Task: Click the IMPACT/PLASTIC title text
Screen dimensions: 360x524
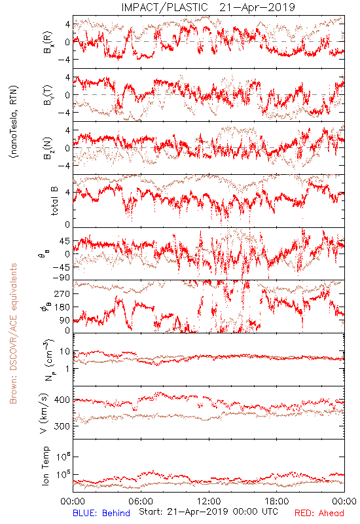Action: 164,7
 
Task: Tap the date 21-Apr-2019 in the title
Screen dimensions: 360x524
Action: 257,7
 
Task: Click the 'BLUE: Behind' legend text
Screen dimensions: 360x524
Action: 101,513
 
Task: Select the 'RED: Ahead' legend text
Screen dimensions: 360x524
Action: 319,513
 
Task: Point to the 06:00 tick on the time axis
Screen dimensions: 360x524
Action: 141,501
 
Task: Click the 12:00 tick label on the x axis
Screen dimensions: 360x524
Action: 209,501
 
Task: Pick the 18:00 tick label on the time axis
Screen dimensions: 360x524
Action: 277,501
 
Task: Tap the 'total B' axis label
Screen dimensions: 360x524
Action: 54,201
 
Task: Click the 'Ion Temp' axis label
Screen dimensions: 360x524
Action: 46,466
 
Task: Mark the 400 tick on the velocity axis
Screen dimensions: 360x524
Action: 62,400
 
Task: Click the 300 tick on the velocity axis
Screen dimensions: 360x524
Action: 62,426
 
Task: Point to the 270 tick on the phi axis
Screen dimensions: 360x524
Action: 62,293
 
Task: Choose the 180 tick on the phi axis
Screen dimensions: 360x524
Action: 62,307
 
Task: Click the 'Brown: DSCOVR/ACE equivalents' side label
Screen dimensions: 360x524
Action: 13,333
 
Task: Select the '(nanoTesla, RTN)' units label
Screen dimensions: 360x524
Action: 14,122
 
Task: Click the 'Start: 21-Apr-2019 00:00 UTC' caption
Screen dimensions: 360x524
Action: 208,512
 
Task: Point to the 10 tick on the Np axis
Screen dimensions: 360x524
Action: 65,352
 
